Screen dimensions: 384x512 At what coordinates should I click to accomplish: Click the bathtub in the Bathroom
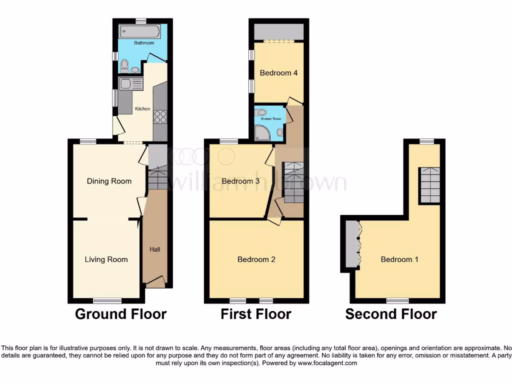pos(139,32)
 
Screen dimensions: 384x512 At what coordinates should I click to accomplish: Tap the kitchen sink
pos(125,84)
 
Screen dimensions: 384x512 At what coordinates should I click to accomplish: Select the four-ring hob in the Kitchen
pos(160,117)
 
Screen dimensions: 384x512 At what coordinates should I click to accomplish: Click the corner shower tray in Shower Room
pos(262,132)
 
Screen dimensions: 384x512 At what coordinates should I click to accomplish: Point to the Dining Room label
pos(109,181)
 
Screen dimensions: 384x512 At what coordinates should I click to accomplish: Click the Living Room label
pos(106,259)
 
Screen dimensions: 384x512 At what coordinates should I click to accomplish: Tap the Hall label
pos(155,249)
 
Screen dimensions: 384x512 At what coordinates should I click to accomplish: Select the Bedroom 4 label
pos(278,73)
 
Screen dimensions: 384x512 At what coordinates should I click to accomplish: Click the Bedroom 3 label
pos(240,181)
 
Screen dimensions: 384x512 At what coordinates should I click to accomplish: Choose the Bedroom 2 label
pos(256,259)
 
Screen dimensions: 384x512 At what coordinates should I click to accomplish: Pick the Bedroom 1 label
pos(399,259)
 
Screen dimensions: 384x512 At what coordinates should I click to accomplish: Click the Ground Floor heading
pos(120,314)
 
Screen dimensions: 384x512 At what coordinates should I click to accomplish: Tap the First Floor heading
pos(256,314)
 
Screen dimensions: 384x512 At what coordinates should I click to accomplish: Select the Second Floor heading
pos(391,314)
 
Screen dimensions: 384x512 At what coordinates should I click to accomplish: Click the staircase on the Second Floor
pos(429,185)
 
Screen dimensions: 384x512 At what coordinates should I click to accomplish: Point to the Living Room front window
pos(107,300)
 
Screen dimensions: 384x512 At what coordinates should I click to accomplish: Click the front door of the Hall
pos(155,282)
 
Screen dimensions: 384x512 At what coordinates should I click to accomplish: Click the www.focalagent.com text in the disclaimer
pos(327,363)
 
